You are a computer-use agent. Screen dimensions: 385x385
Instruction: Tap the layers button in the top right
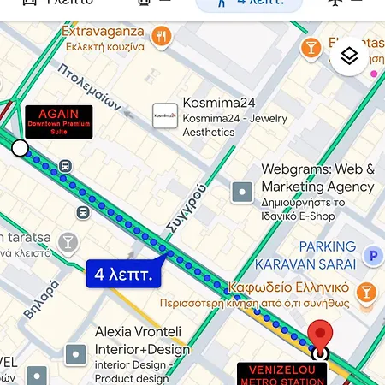point(349,56)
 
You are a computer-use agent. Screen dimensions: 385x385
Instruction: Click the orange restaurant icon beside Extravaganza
point(160,36)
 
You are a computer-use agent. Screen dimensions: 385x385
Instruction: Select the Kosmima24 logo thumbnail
point(165,115)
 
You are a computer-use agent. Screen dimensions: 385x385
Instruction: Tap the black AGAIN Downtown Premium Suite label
point(58,121)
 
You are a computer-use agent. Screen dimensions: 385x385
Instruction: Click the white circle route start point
point(20,149)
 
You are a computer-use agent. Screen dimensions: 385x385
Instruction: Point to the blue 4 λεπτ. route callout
point(124,275)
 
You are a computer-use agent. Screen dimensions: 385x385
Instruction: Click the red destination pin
point(321,336)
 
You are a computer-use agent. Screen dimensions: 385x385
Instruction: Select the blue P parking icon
point(371,255)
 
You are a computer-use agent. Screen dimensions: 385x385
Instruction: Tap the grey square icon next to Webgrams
point(243,192)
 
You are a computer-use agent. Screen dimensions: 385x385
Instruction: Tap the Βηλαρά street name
point(41,300)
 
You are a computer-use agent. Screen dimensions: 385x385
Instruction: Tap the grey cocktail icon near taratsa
point(67,244)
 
